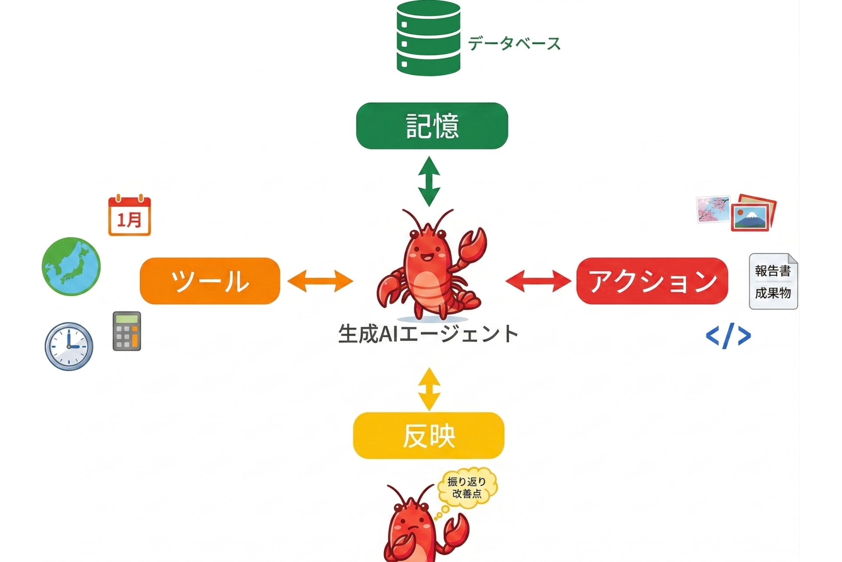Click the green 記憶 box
click(x=432, y=126)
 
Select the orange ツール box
click(x=210, y=281)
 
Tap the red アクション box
click(x=652, y=281)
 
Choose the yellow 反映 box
click(x=428, y=436)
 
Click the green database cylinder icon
click(x=428, y=39)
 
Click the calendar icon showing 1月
click(x=129, y=216)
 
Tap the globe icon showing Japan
click(x=71, y=267)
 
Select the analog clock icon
click(x=69, y=346)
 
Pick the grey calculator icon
click(x=127, y=331)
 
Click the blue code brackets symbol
click(x=728, y=336)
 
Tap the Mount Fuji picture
click(x=752, y=215)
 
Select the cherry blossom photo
click(x=713, y=209)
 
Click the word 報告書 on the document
click(x=773, y=271)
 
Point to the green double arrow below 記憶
click(x=429, y=181)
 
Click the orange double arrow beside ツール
click(x=320, y=281)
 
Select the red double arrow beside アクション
click(x=538, y=281)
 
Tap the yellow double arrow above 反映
click(x=429, y=389)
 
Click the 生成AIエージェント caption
click(x=428, y=334)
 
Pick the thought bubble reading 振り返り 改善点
click(x=467, y=488)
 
